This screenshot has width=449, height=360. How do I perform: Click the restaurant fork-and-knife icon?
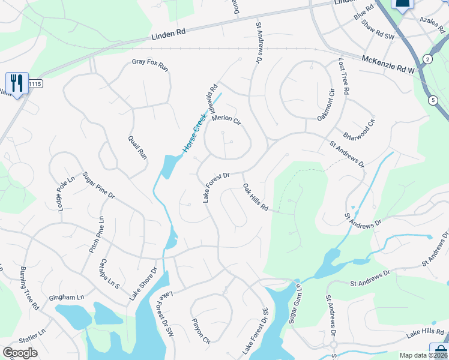[x=16, y=82]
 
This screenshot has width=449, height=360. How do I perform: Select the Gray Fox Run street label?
[x=150, y=64]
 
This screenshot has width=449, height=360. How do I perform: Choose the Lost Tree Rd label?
[x=343, y=77]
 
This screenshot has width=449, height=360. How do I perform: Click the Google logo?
[x=20, y=353]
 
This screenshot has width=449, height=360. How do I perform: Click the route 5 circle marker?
[x=433, y=101]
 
